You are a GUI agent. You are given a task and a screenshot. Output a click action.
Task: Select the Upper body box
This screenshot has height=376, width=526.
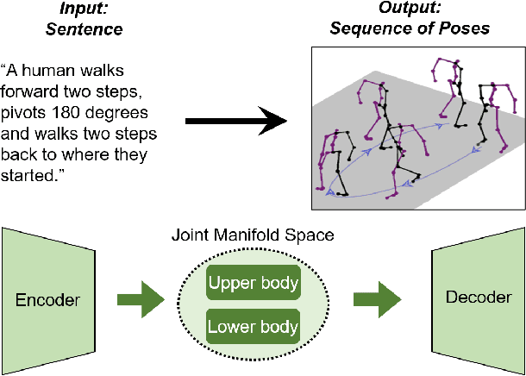(x=252, y=284)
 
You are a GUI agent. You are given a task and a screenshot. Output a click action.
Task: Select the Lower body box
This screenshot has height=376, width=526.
(x=252, y=327)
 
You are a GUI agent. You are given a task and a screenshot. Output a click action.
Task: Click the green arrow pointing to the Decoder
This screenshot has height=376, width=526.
(x=377, y=301)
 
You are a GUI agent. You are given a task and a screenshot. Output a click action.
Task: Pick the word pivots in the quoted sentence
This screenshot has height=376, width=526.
(x=25, y=114)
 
